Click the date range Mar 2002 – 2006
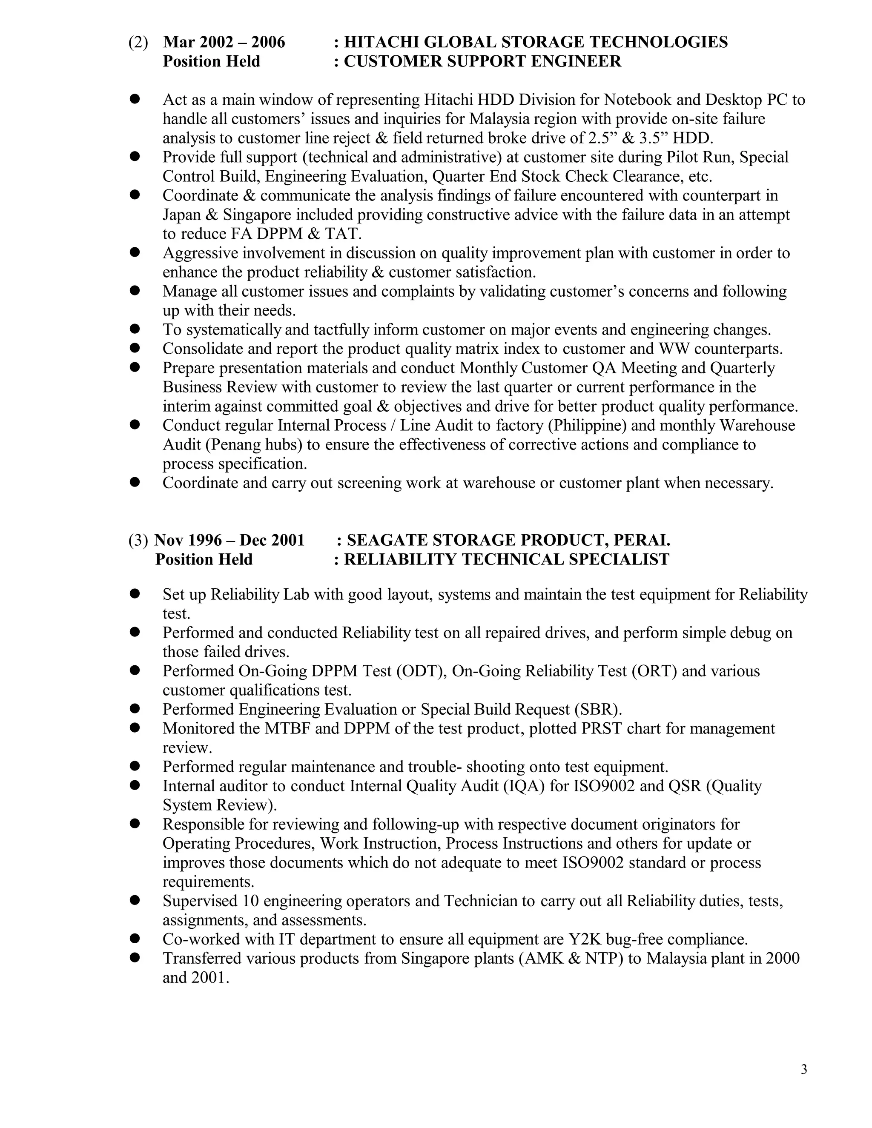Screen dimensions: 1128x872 [224, 42]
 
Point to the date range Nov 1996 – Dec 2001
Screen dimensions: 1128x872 [229, 540]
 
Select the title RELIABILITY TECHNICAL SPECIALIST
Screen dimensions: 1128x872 [506, 559]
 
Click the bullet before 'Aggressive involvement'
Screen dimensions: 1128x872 [135, 252]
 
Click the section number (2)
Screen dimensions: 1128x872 [138, 42]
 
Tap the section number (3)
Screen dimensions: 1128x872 [138, 540]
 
